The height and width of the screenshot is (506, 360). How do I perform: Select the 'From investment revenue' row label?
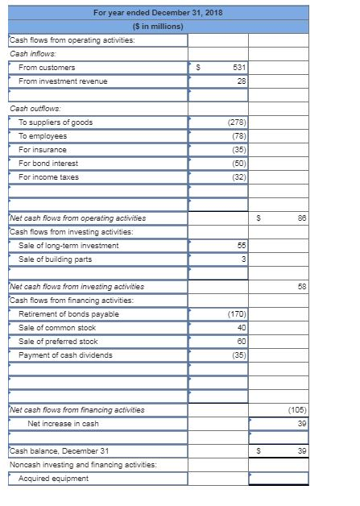[63, 81]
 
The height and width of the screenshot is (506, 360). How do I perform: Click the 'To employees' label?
[43, 136]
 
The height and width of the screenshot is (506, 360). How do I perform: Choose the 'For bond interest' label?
[51, 164]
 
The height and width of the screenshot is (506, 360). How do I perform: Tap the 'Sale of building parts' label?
[55, 259]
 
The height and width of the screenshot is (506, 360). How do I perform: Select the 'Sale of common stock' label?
[56, 327]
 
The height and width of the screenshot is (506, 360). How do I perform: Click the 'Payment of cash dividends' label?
[65, 355]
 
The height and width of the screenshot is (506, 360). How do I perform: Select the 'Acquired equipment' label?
[53, 478]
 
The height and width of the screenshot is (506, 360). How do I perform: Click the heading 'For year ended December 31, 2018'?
[158, 13]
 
